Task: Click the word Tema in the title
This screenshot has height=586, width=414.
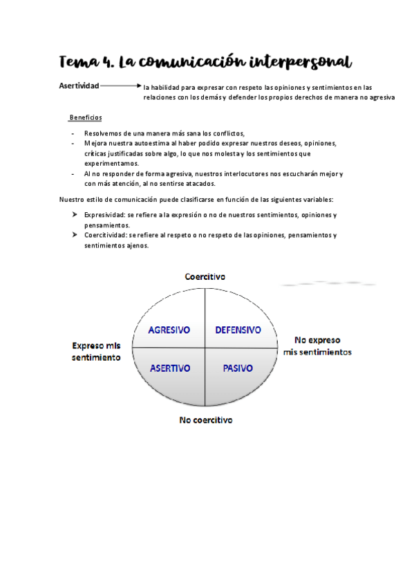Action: click(78, 62)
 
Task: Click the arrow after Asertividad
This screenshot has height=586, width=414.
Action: click(120, 86)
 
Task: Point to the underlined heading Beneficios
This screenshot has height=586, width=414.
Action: click(86, 117)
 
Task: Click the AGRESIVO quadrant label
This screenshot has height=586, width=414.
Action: click(169, 330)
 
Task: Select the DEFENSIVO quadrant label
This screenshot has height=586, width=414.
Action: click(238, 330)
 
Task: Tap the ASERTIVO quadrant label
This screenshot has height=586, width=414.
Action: click(170, 368)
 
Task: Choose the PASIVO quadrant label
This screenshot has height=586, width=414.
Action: click(237, 368)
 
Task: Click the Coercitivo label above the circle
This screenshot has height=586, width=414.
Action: click(205, 276)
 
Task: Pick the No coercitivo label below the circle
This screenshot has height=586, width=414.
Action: click(205, 420)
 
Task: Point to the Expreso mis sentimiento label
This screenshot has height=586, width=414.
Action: click(97, 351)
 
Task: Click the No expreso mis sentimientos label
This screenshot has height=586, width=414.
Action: click(317, 346)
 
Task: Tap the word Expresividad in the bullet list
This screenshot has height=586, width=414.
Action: click(105, 216)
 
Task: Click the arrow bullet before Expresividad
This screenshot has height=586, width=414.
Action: click(75, 216)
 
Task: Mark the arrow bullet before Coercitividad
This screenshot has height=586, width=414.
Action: click(75, 235)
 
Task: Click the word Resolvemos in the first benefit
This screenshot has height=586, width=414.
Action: click(104, 133)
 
